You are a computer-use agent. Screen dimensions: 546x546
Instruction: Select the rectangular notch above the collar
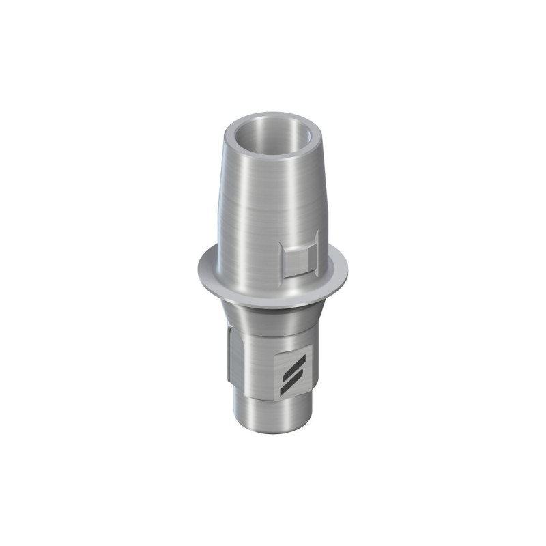tap(300, 256)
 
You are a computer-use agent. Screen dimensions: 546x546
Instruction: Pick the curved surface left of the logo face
tap(259, 362)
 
